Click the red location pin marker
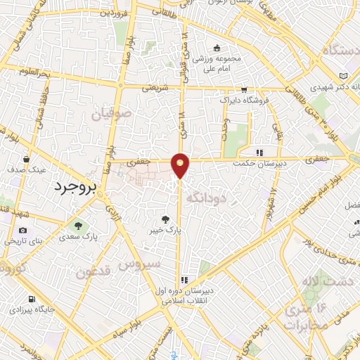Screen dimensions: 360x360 click(x=181, y=165)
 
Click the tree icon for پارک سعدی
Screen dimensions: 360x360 click(x=79, y=228)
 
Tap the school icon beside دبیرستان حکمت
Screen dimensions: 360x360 click(x=259, y=152)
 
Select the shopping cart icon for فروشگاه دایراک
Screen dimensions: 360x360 click(x=243, y=89)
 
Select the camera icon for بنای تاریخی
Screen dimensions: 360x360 click(x=23, y=230)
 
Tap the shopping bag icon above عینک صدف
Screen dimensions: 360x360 click(x=27, y=158)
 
